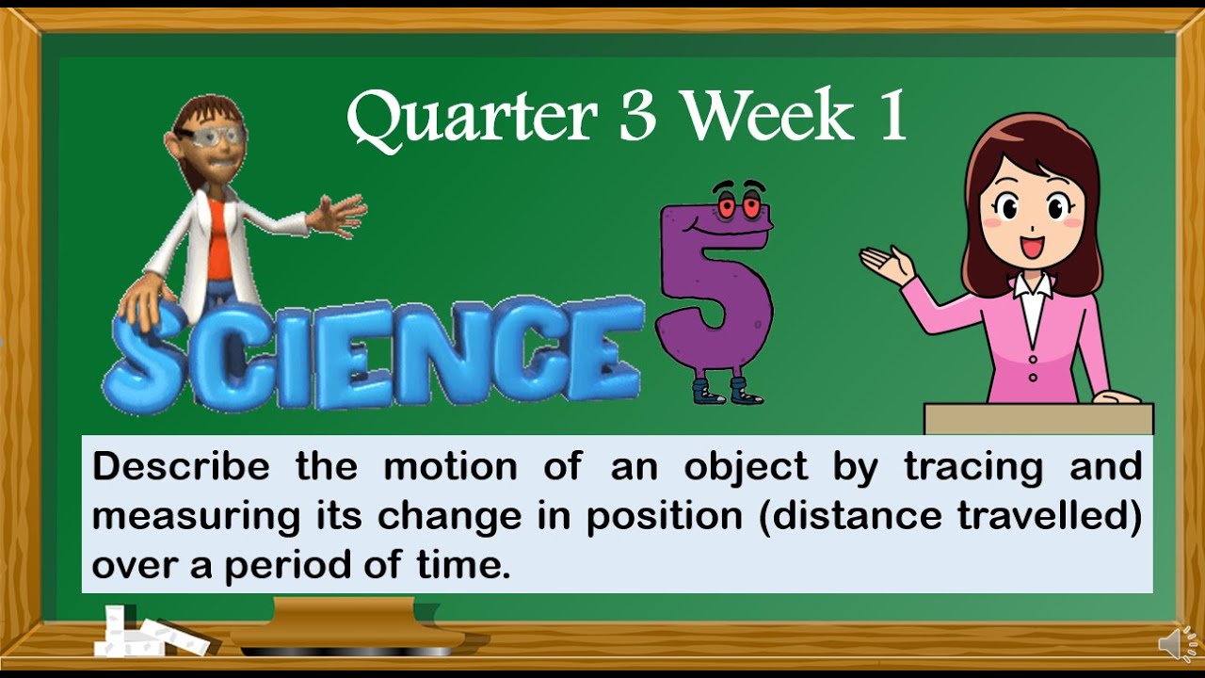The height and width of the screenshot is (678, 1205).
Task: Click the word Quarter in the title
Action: coord(471,118)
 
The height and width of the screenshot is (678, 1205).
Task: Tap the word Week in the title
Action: coord(767,116)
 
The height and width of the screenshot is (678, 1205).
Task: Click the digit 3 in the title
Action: coord(638,117)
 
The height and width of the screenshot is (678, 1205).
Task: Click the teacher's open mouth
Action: coord(1032,247)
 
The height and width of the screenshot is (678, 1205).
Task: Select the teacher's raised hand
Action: coord(885,263)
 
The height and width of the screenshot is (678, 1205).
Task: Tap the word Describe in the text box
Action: coord(180,466)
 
